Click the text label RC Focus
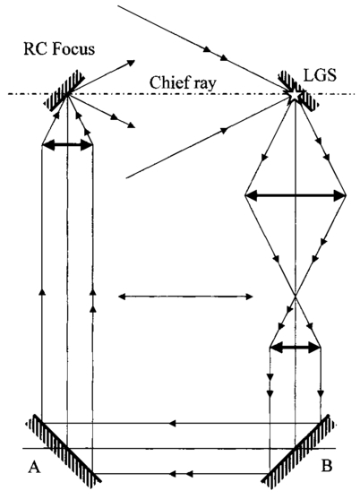pyautogui.click(x=59, y=49)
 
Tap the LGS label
pyautogui.click(x=320, y=76)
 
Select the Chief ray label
pyautogui.click(x=183, y=83)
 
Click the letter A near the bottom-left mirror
pyautogui.click(x=34, y=468)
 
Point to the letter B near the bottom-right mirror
pyautogui.click(x=327, y=466)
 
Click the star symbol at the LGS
pyautogui.click(x=295, y=95)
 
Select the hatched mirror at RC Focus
pyautogui.click(x=64, y=90)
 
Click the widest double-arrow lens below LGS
pyautogui.click(x=296, y=195)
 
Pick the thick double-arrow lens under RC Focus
pyautogui.click(x=67, y=145)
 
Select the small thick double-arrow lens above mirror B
pyautogui.click(x=296, y=348)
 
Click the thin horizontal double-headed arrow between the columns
pyautogui.click(x=185, y=297)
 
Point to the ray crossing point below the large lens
pyautogui.click(x=296, y=296)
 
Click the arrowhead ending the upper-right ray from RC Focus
pyautogui.click(x=131, y=63)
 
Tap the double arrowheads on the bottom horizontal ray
pyautogui.click(x=181, y=474)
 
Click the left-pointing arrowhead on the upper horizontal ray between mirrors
pyautogui.click(x=172, y=423)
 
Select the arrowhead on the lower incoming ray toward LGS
pyautogui.click(x=225, y=130)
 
